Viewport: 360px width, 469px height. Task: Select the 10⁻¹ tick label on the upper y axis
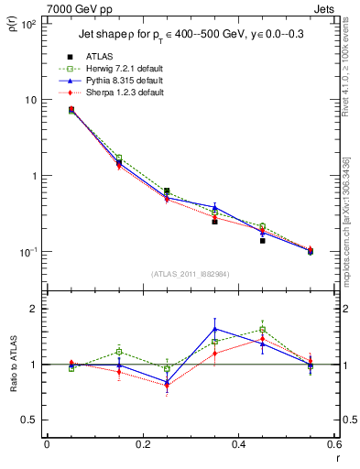(x=27, y=252)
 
